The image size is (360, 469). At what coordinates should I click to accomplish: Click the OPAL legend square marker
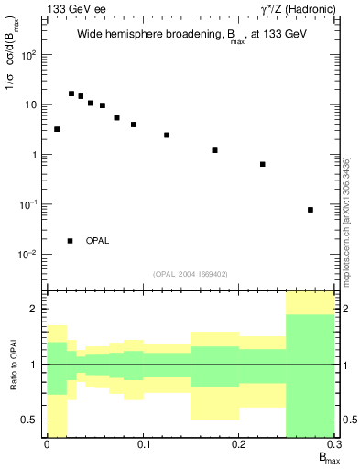(71, 241)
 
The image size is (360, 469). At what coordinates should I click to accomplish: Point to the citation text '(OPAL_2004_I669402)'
(191, 273)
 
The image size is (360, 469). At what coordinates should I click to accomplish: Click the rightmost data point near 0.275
(311, 210)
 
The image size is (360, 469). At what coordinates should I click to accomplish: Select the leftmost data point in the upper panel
(57, 129)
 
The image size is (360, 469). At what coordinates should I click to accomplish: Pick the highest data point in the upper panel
(71, 93)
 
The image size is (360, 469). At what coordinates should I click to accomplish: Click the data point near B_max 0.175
(214, 150)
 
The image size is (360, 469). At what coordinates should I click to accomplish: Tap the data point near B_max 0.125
(167, 135)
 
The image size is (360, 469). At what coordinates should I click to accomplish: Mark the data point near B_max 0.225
(263, 164)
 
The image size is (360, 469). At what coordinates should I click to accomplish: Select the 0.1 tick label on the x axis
(143, 444)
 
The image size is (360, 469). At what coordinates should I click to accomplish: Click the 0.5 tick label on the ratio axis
(31, 420)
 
